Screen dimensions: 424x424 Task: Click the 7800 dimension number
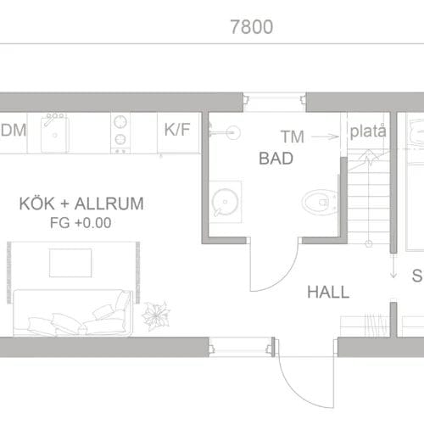tap(251, 27)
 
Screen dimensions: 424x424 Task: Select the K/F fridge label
tap(176, 130)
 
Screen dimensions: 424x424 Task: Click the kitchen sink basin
tap(57, 132)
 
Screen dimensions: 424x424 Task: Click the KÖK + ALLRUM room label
tap(81, 204)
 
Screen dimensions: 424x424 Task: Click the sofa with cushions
tap(73, 313)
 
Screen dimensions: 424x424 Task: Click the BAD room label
tap(276, 158)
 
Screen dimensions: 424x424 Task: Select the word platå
tap(368, 131)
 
